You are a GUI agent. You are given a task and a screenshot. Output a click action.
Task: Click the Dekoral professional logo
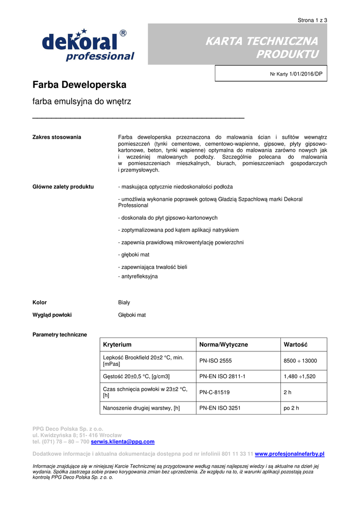point(88,46)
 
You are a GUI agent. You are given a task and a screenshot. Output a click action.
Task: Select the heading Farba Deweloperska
point(79,85)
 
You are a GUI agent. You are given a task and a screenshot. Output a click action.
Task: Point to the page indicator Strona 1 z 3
point(312,20)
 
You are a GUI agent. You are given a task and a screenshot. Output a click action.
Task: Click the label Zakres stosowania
point(57,137)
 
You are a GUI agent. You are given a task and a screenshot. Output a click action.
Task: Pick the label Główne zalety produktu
point(63,186)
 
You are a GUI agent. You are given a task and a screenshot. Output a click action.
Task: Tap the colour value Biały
point(124,302)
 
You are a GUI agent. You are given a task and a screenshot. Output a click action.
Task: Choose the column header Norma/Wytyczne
point(223,344)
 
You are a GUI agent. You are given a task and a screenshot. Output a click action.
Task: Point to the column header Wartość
point(295,344)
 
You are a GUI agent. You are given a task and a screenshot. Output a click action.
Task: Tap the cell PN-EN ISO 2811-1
point(222,377)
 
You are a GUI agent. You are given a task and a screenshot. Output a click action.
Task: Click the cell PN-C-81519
point(214,392)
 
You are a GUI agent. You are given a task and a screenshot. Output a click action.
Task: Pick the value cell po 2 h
point(292,408)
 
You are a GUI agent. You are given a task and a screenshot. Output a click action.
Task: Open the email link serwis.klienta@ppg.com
point(123,441)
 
